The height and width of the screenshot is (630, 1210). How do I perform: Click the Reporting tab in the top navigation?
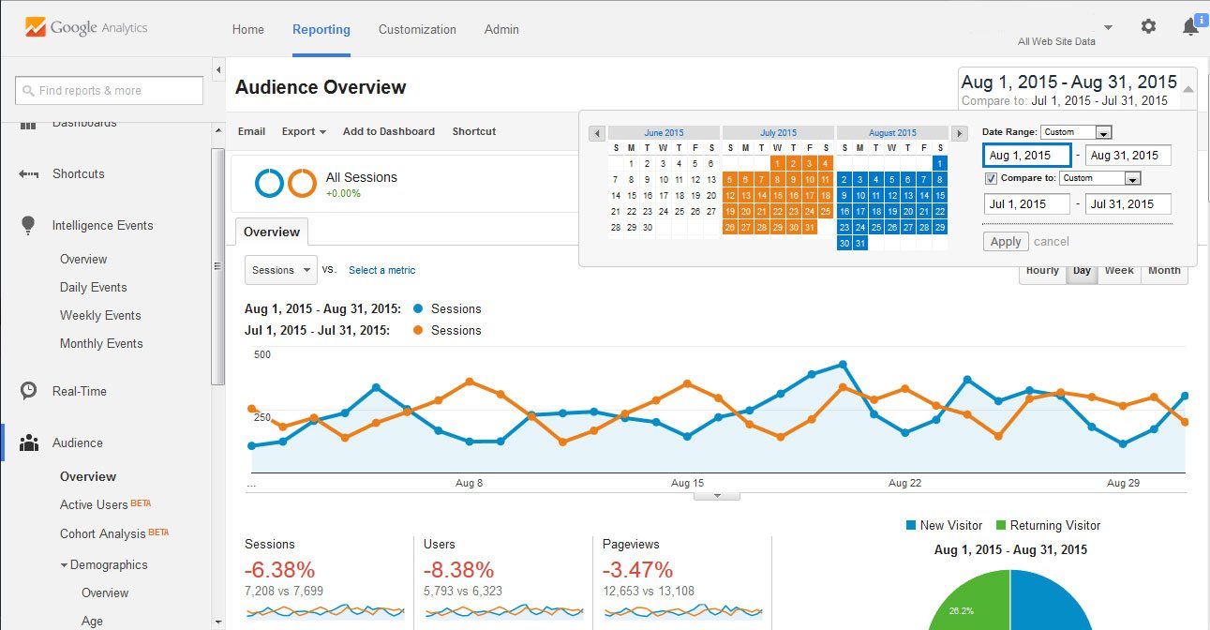click(x=321, y=29)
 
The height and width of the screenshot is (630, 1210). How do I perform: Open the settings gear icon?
click(x=1148, y=27)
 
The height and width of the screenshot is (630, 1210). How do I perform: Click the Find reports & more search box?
click(x=110, y=91)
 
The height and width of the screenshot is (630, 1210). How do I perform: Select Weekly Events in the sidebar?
click(x=100, y=315)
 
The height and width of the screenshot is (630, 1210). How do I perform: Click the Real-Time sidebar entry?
click(x=79, y=391)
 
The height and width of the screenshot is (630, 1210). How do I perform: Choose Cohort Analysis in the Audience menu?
click(x=103, y=533)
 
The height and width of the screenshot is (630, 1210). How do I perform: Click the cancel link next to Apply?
click(x=1052, y=241)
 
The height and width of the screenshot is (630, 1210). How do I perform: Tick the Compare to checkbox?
click(x=991, y=178)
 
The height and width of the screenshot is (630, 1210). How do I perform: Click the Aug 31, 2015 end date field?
click(x=1128, y=156)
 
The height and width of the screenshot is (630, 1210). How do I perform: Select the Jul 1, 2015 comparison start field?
click(x=1026, y=203)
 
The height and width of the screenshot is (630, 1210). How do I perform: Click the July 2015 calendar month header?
click(x=778, y=133)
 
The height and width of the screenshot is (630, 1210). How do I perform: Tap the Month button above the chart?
click(x=1164, y=271)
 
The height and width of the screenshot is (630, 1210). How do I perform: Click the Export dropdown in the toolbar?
click(x=304, y=131)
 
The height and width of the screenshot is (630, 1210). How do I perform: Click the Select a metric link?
click(x=381, y=270)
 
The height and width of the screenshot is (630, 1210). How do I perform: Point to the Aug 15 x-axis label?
click(x=687, y=483)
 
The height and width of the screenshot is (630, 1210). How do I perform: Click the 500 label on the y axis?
click(x=262, y=354)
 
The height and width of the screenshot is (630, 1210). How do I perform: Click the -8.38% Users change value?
click(x=458, y=569)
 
